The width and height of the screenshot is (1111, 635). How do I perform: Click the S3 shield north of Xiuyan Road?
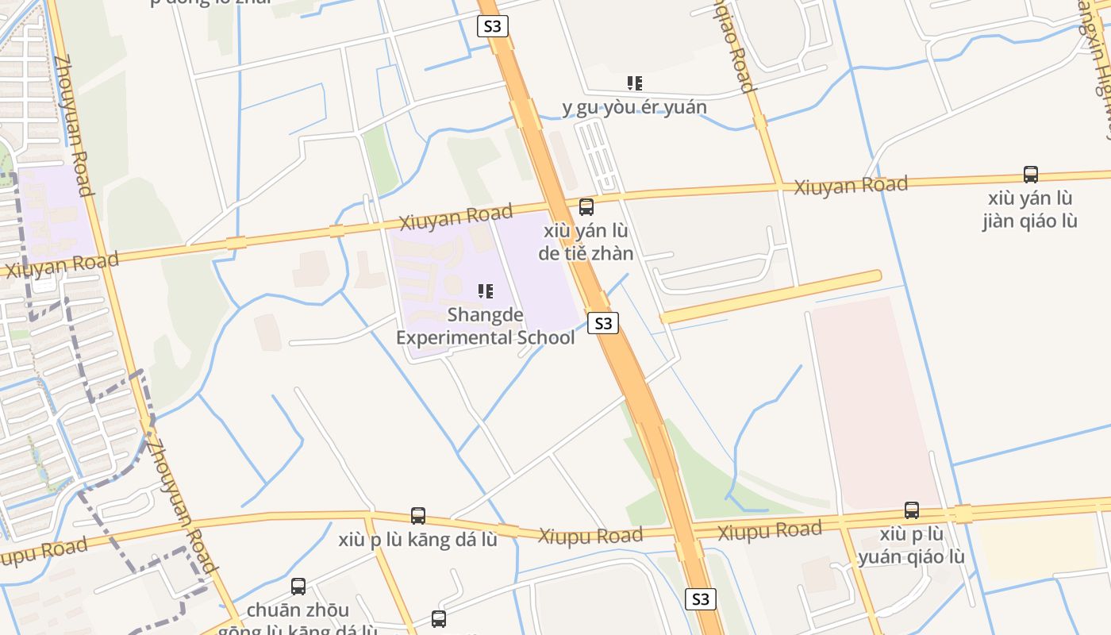click(492, 26)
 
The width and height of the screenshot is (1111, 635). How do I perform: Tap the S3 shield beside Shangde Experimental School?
click(603, 323)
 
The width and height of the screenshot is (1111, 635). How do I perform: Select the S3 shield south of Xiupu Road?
click(700, 598)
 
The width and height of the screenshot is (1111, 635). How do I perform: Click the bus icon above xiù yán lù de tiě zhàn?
click(586, 207)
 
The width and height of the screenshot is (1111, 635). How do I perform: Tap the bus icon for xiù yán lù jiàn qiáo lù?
click(1030, 175)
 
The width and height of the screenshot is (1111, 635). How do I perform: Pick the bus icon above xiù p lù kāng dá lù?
click(418, 516)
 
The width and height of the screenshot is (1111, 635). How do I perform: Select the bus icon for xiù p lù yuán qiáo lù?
click(912, 510)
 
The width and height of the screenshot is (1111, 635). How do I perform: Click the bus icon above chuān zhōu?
click(298, 587)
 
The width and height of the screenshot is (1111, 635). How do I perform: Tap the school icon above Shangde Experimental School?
click(485, 291)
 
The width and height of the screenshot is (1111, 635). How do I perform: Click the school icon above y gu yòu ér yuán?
click(634, 83)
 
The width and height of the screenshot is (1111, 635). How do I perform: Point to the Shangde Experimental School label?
click(485, 326)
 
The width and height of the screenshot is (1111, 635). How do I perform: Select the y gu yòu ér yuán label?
click(634, 107)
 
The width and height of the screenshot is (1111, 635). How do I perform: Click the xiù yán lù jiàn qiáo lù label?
click(1029, 209)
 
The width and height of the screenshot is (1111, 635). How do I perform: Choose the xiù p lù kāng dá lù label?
click(418, 540)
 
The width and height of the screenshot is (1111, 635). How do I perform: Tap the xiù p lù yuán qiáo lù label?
click(912, 545)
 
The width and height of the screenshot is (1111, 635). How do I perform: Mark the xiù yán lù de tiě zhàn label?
click(586, 242)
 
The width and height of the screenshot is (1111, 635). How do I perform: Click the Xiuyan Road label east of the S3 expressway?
click(851, 187)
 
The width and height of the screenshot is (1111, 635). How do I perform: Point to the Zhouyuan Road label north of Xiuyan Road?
click(73, 125)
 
